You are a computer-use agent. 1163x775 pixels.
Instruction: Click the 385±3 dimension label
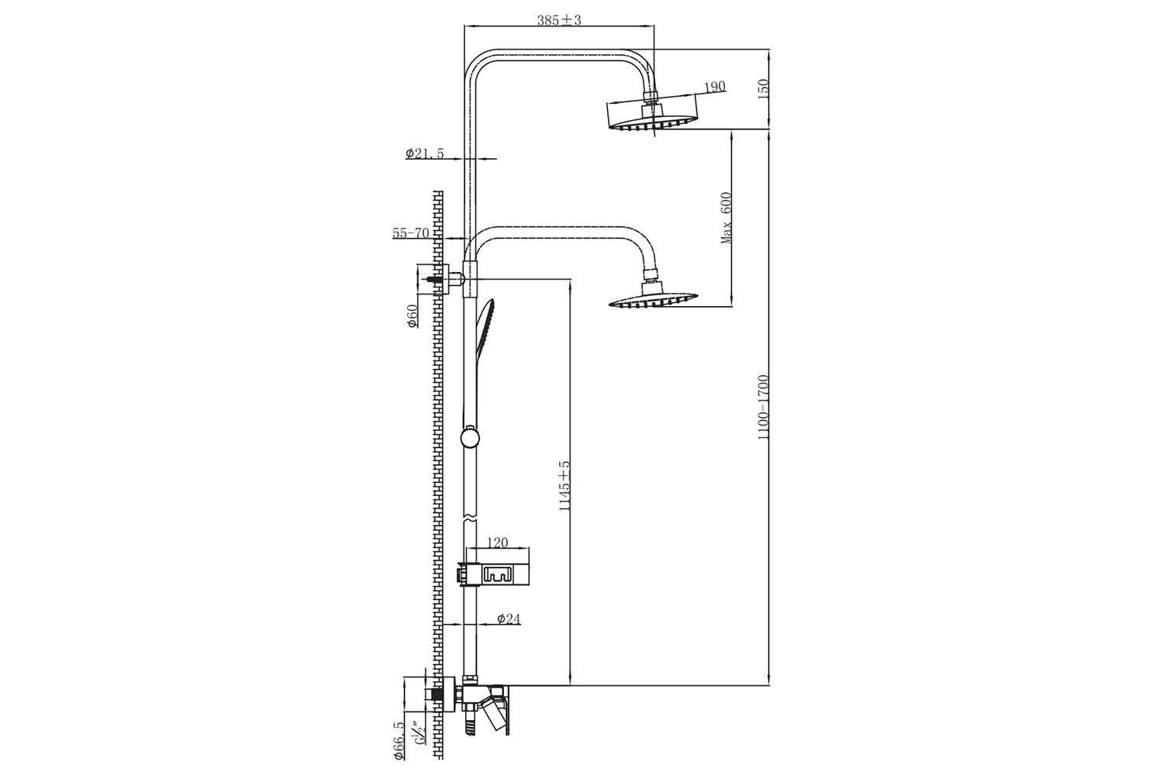pos(559,20)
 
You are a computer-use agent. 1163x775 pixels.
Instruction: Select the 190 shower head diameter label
pos(715,87)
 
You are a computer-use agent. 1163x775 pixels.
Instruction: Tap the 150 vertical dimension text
pos(763,89)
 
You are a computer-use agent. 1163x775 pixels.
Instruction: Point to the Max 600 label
pos(726,218)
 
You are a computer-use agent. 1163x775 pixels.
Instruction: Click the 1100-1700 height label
pos(763,408)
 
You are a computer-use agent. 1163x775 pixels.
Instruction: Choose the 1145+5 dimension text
pos(564,486)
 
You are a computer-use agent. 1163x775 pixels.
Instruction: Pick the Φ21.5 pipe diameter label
pos(425,153)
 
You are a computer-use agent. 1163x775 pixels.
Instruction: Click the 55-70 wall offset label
pos(411,233)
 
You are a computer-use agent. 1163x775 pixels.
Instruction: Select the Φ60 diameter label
pos(412,316)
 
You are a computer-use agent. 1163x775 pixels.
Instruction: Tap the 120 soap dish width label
pos(498,542)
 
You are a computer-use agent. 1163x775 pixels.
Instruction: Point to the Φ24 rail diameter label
pos(509,618)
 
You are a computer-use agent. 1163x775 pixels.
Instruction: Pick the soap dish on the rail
pos(492,574)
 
